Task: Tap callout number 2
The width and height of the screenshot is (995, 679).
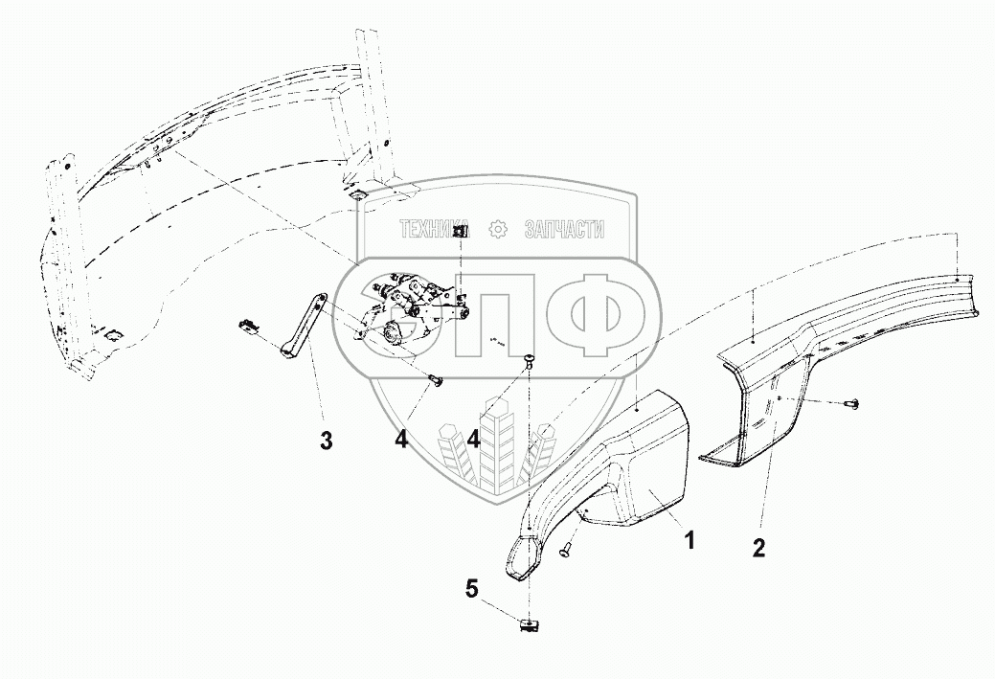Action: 758,549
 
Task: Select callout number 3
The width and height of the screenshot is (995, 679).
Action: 327,441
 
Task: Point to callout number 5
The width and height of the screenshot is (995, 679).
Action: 471,588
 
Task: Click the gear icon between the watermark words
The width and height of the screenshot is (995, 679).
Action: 497,230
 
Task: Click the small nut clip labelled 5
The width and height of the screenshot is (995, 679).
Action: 528,624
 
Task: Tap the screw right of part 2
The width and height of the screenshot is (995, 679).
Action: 851,405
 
